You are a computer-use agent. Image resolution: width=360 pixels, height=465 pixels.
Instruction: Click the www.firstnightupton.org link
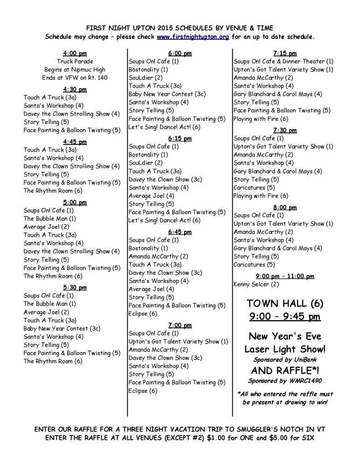(x=193, y=37)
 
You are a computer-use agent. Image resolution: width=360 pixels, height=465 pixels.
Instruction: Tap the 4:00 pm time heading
(x=75, y=53)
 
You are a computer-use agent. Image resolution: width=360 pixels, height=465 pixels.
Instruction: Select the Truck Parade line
(x=75, y=61)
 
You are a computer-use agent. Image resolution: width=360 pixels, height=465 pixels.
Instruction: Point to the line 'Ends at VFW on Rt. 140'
(x=75, y=78)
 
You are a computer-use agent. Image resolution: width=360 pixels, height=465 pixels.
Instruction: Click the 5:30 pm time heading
(x=75, y=287)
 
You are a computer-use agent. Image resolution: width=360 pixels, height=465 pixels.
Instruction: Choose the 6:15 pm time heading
(x=180, y=138)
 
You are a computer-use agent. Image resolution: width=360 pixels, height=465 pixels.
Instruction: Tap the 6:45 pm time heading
(x=180, y=232)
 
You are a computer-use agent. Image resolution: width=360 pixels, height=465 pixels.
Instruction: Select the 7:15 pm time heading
(x=285, y=53)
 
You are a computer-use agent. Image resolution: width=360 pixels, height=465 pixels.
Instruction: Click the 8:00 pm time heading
(x=285, y=208)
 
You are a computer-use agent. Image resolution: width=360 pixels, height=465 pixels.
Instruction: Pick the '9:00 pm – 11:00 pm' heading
(x=285, y=276)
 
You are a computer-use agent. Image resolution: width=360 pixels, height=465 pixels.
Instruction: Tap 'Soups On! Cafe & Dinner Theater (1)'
(x=284, y=61)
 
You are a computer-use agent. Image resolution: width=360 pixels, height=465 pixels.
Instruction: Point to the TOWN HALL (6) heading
(x=285, y=303)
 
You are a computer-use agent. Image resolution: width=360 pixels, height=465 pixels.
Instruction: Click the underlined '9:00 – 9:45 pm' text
(x=285, y=317)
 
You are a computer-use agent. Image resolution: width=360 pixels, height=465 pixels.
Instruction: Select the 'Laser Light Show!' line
(x=285, y=349)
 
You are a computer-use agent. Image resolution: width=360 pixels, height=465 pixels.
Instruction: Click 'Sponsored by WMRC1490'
(x=285, y=381)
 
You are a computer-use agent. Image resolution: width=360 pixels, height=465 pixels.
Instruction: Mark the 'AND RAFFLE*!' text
(x=285, y=371)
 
